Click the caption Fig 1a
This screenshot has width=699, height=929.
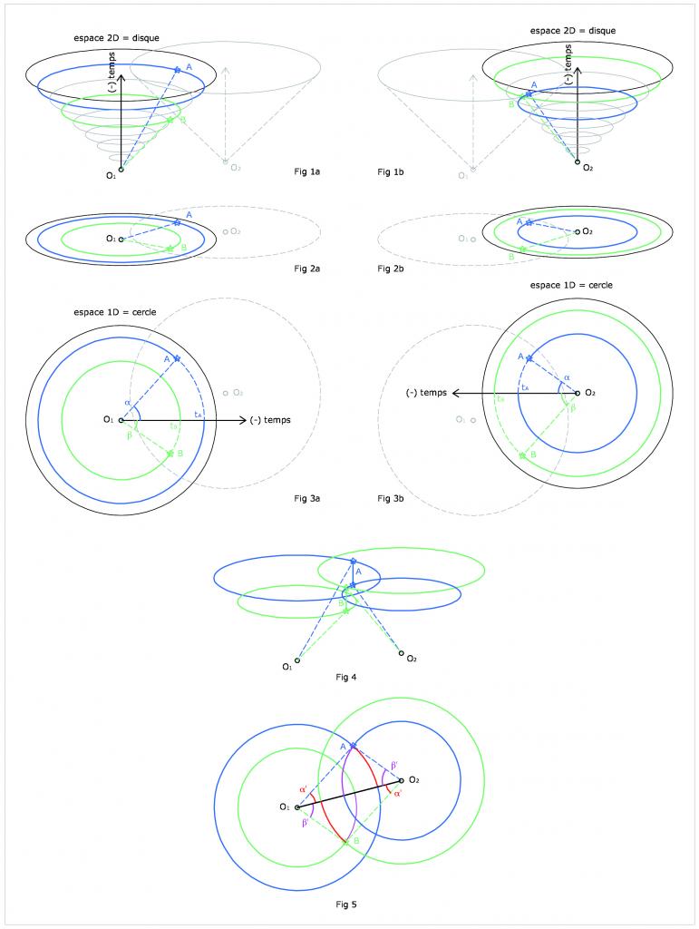point(307,171)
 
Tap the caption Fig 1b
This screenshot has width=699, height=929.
point(390,171)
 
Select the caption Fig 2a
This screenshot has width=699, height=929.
point(307,269)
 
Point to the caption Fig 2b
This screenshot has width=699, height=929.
point(390,269)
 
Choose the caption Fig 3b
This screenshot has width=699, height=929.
point(390,498)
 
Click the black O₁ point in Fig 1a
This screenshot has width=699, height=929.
point(121,169)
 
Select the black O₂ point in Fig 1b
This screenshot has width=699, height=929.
point(578,162)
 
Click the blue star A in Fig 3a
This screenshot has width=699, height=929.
point(177,359)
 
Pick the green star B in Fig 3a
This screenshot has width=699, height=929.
point(170,453)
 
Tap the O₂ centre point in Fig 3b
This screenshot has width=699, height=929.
point(578,393)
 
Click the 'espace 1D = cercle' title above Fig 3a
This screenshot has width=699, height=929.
point(115,312)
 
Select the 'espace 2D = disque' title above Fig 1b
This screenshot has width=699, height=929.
point(573,31)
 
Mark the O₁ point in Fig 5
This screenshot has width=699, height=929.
point(297,807)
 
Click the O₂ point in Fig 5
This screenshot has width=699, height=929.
point(401,779)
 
